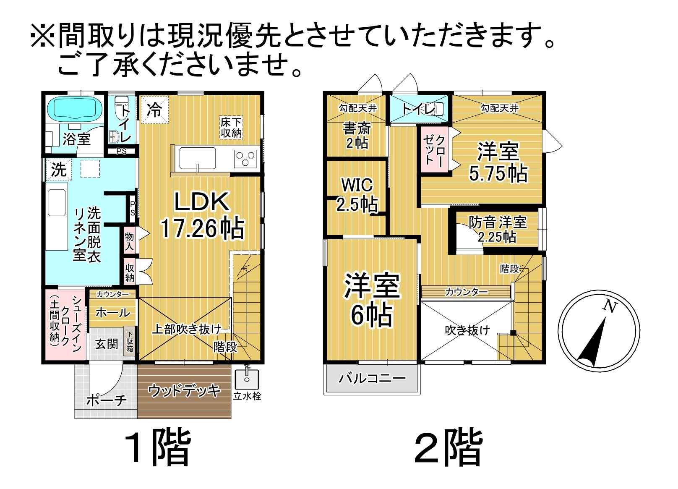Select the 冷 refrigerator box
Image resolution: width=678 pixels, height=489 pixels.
(155, 110)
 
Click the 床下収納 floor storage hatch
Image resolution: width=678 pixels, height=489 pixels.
(231, 128)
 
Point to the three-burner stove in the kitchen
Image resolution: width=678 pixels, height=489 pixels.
(245, 159)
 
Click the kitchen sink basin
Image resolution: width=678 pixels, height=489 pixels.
(197, 159)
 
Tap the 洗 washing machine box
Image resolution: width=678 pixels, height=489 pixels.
(59, 170)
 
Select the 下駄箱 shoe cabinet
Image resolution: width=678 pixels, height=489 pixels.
(130, 341)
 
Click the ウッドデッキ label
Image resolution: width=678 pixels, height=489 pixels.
(184, 391)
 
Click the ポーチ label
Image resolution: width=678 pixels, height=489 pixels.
(106, 400)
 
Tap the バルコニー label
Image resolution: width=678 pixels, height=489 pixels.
(372, 379)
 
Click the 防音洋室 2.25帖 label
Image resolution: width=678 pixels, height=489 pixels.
(498, 229)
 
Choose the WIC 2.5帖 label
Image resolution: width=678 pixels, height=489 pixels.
(357, 195)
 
